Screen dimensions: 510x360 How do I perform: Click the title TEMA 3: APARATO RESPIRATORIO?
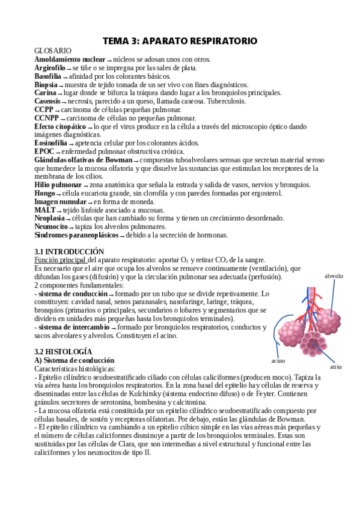coord(180,41)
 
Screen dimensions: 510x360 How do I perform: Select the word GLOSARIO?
coord(53,51)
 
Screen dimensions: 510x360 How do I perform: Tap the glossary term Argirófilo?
coord(49,68)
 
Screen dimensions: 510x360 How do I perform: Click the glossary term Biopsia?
coord(46,85)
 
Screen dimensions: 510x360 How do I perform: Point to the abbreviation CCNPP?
coord(47,118)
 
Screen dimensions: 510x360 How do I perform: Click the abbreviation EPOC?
coord(45,152)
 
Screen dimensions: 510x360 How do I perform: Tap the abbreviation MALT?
coord(45,210)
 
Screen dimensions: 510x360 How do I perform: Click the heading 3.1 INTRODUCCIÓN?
coord(69,251)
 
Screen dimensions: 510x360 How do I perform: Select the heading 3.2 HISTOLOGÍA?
coord(64,351)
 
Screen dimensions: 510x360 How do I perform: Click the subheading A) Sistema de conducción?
coord(71,360)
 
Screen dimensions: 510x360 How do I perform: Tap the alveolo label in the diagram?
coord(334,276)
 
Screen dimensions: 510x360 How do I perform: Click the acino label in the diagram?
coord(278,361)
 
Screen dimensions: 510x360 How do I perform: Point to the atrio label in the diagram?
coord(336,366)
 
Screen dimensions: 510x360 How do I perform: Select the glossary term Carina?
coord(45,93)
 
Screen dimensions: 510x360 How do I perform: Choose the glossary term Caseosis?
coord(47,102)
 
